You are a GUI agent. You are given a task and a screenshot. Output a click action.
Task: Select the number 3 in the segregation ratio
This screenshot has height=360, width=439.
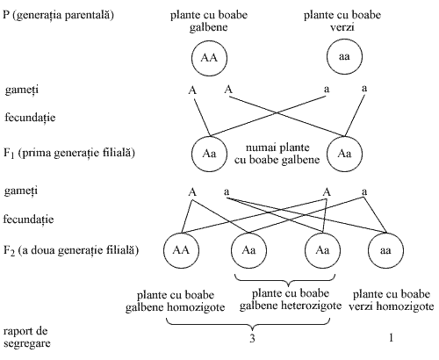point(252,338)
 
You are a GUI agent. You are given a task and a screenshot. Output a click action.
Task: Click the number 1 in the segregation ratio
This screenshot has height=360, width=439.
point(391,338)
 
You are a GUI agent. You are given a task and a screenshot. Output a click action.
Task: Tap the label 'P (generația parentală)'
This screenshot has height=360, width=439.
point(58,15)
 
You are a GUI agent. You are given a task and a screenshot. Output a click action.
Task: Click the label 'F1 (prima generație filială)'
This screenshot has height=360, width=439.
point(69,153)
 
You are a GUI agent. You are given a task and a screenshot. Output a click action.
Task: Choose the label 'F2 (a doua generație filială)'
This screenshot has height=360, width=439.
point(71,250)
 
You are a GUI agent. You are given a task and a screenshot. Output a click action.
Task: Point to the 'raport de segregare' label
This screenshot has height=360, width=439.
point(27,337)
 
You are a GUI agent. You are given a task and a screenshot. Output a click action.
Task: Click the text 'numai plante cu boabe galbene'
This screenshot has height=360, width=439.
point(277,154)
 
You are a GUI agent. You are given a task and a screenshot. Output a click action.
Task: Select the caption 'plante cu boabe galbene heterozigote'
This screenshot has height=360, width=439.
point(291,299)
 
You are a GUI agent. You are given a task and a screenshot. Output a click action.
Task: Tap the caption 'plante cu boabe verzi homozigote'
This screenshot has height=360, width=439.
point(392,300)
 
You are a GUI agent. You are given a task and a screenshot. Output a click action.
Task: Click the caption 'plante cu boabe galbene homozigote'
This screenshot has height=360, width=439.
point(176,301)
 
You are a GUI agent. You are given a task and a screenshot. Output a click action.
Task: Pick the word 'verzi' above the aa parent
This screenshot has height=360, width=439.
point(342,27)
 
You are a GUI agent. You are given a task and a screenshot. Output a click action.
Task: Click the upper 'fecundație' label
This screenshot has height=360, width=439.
point(30,118)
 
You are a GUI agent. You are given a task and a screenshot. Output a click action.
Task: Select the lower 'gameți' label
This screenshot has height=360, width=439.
point(21,191)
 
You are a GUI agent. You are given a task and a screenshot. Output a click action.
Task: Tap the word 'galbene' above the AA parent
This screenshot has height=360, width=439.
point(208,27)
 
